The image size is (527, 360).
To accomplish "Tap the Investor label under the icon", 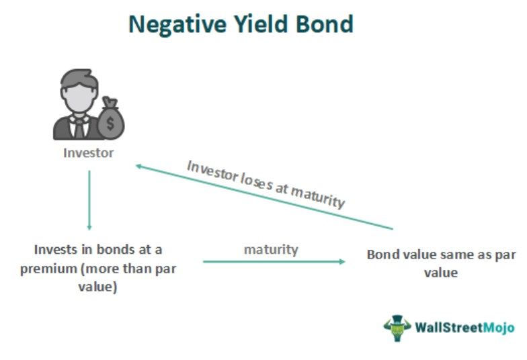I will (89, 152).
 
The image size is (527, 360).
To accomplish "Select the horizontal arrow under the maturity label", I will (274, 261).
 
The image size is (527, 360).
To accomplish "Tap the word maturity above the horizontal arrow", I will (271, 249).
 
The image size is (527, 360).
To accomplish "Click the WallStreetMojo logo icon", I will (397, 327).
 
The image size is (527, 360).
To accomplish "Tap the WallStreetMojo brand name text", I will (464, 328).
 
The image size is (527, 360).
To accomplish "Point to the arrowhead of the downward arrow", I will (89, 227).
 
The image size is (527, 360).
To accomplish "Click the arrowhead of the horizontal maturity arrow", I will (343, 261).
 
